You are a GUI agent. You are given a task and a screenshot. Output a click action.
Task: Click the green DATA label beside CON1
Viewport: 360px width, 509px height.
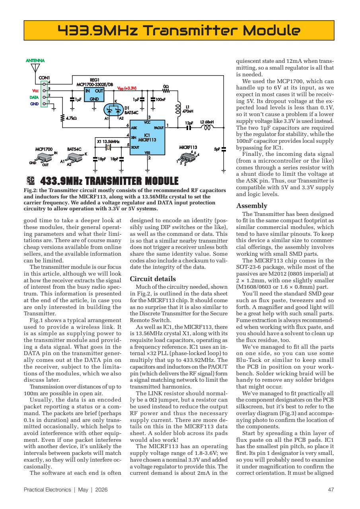tap(35, 96)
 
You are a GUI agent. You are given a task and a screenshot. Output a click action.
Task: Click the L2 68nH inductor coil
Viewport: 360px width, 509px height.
tap(207, 128)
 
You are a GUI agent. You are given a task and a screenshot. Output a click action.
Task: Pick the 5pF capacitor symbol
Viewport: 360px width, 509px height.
tap(224, 149)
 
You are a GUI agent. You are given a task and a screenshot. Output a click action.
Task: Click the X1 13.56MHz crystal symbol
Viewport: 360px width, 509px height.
tap(107, 147)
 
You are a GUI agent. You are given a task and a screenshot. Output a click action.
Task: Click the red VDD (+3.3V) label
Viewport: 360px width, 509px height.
tap(127, 88)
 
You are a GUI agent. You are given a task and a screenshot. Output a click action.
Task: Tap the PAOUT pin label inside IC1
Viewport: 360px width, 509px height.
tap(159, 128)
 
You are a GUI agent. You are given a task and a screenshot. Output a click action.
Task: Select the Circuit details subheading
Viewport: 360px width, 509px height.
tap(153, 279)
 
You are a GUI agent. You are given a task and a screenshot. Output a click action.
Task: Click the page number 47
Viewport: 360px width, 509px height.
tap(330, 490)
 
